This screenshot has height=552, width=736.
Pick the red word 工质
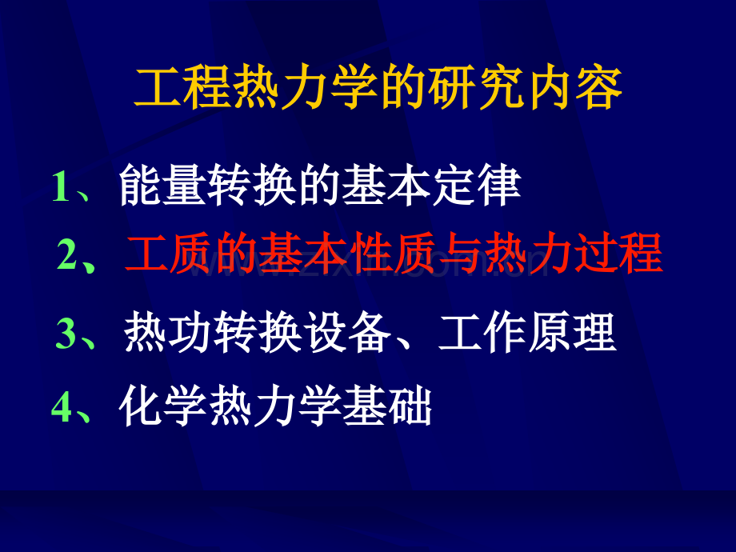pos(170,254)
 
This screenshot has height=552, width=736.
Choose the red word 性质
pos(395,254)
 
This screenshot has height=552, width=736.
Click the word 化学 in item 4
pos(164,406)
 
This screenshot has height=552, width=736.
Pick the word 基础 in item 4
pos(388,406)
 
